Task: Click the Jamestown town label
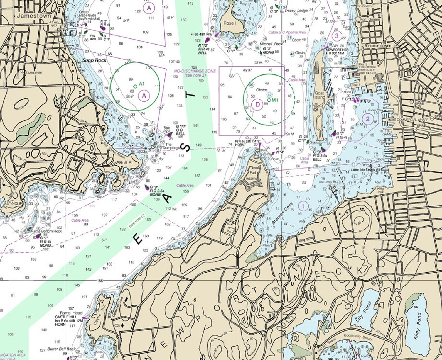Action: click(34, 16)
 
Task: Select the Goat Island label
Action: click(320, 95)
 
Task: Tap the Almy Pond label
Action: click(417, 326)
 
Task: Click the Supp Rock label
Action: click(94, 60)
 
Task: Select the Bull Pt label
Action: click(126, 162)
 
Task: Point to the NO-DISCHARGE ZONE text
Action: click(195, 71)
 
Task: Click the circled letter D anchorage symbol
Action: click(257, 104)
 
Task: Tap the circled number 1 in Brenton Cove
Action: click(303, 206)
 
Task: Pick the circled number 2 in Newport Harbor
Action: click(368, 119)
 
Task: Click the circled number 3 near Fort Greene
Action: click(337, 36)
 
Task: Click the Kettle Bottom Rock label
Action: click(46, 231)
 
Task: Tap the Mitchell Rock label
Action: click(271, 44)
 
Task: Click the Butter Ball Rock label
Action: click(61, 349)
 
